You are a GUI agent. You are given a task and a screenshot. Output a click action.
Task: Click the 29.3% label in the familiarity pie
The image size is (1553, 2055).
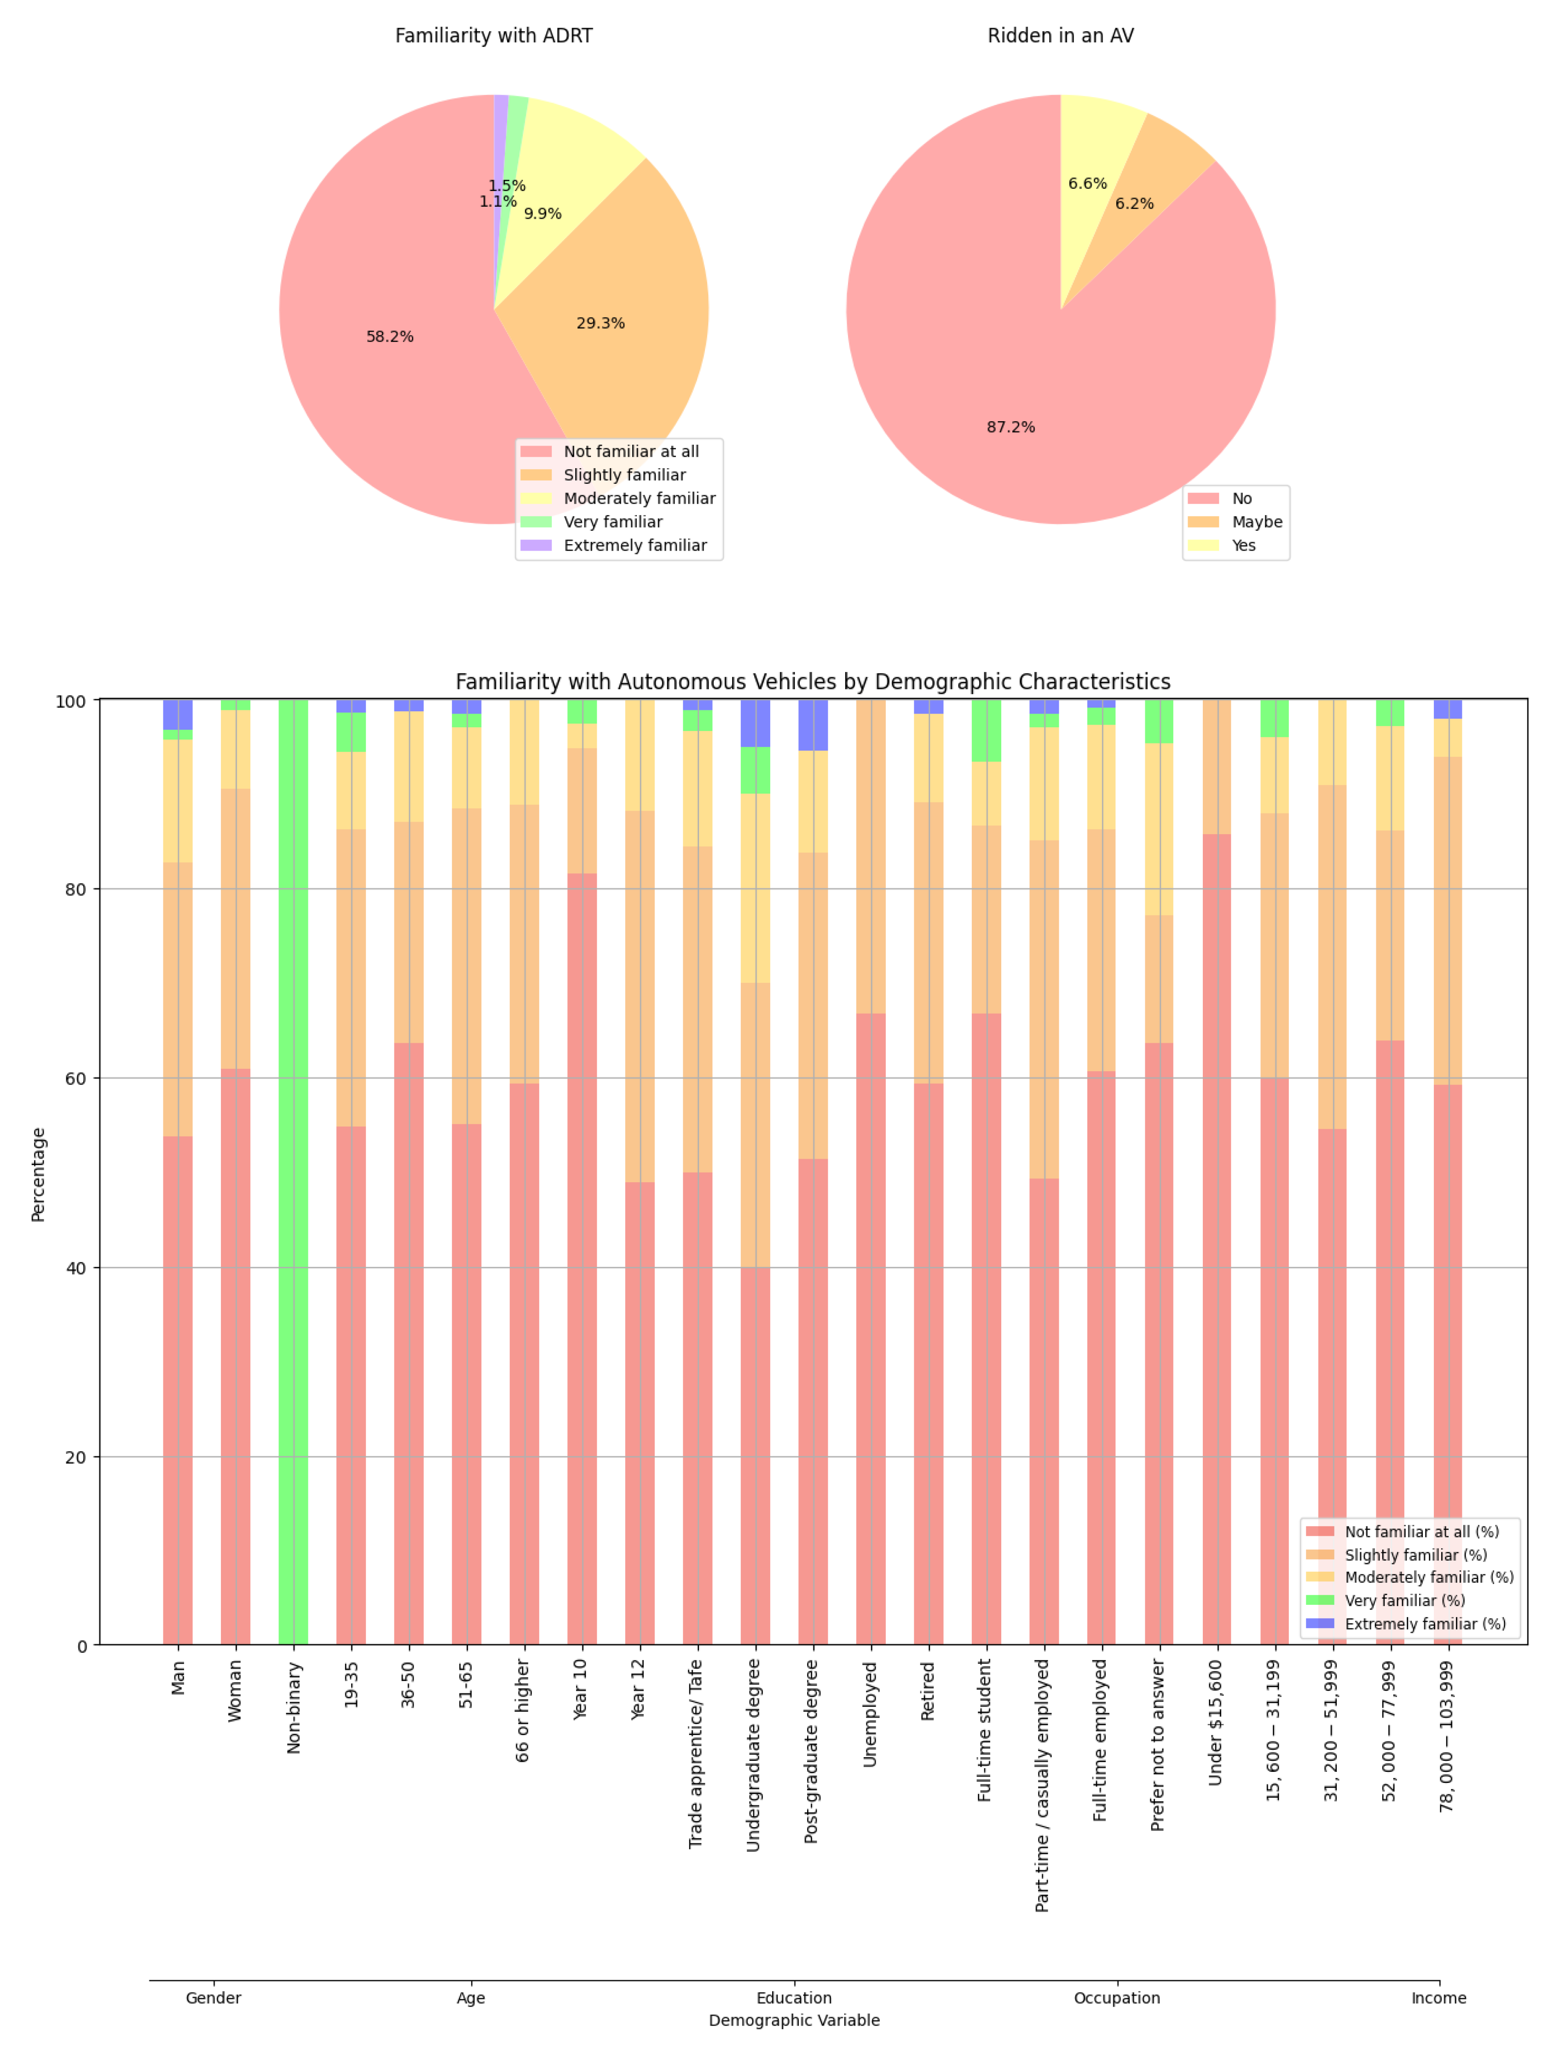pos(600,323)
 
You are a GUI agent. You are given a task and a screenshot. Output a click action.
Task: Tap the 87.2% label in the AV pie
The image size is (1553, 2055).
pos(1010,427)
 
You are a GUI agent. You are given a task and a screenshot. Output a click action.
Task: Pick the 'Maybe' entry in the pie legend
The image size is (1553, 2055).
pos(1256,522)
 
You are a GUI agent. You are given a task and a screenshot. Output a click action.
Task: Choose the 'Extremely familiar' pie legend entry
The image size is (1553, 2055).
pos(635,546)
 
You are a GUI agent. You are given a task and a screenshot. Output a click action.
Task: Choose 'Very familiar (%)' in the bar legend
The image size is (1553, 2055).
pos(1404,1601)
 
